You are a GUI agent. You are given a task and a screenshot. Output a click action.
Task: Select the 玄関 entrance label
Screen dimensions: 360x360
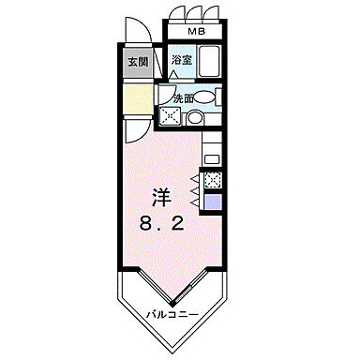(x=138, y=64)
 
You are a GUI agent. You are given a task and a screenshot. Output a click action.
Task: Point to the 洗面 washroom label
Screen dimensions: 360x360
(x=182, y=97)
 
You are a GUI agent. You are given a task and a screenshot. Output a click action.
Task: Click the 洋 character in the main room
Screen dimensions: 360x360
(x=161, y=200)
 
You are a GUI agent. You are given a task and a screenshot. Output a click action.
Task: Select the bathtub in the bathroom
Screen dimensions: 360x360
(x=208, y=62)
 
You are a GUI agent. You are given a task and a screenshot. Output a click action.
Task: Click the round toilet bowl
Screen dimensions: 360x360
(x=193, y=118)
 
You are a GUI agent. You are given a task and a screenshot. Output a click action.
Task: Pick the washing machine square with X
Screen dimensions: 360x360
(x=170, y=117)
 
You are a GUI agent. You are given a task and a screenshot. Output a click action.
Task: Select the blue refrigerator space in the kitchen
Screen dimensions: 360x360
(x=213, y=200)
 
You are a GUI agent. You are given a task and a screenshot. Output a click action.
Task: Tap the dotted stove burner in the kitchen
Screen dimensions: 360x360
(x=213, y=179)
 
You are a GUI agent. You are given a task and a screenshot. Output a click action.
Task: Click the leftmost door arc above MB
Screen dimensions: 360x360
(x=175, y=13)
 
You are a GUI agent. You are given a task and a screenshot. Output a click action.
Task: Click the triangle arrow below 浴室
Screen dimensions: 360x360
(x=174, y=73)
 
